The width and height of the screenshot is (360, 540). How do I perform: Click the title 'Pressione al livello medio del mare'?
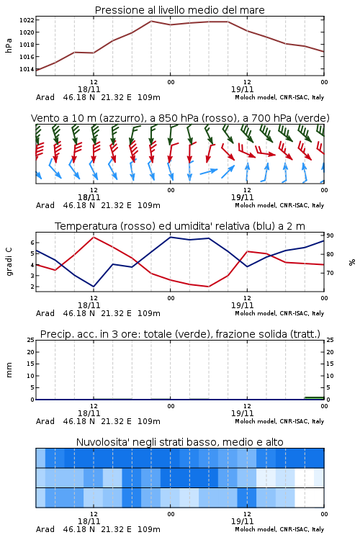click(179, 10)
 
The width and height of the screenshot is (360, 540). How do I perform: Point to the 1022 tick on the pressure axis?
click(27, 20)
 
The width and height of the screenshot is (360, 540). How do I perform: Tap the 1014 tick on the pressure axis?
click(27, 69)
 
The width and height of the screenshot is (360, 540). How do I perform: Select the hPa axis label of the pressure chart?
click(9, 45)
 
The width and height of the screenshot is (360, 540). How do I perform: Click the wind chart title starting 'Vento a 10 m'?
click(180, 118)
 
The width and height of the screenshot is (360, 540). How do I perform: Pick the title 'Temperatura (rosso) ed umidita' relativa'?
click(180, 226)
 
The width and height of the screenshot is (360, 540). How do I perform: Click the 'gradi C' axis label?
click(9, 261)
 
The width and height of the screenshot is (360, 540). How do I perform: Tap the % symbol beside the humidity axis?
click(352, 262)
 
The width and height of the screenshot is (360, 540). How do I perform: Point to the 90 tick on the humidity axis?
click(330, 235)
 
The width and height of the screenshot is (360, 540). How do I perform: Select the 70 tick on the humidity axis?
click(330, 273)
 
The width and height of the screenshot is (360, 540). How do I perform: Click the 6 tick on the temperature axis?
click(32, 243)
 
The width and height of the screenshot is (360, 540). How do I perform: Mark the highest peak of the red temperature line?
click(94, 237)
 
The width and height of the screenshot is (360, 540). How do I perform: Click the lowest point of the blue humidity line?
click(94, 287)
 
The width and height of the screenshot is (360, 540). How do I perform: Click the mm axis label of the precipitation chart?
click(9, 370)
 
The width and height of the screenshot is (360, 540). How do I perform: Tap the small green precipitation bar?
click(314, 398)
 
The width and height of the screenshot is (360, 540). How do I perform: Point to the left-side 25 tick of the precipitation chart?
click(31, 340)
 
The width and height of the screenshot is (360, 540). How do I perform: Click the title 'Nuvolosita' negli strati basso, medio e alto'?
click(179, 442)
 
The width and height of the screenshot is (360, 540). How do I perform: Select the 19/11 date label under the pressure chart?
click(242, 89)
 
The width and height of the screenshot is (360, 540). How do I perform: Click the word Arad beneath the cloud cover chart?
click(45, 529)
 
